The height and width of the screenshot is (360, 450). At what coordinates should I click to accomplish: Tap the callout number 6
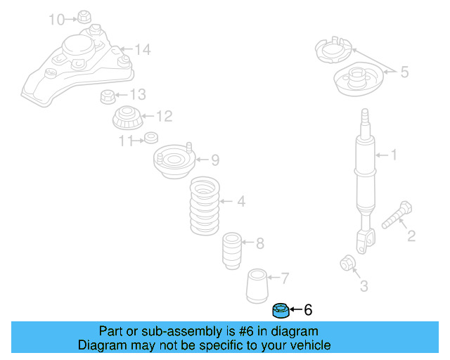(x=307, y=309)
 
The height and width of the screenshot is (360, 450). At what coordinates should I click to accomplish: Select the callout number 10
(x=56, y=19)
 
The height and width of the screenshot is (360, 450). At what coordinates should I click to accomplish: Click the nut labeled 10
(x=84, y=16)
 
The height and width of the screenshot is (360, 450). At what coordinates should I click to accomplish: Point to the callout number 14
(x=143, y=49)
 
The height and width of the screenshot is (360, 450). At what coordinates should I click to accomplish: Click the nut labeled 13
(x=108, y=95)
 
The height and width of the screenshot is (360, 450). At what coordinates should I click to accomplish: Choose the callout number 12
(x=164, y=116)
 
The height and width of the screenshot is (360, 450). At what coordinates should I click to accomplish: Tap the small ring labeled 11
(x=150, y=137)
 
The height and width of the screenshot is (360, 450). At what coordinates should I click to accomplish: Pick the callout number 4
(x=241, y=202)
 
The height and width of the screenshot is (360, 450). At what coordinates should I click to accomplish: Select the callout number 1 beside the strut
(x=394, y=155)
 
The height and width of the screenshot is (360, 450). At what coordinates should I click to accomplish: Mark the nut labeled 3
(x=347, y=263)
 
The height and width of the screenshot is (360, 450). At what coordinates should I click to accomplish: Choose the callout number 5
(x=404, y=71)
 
